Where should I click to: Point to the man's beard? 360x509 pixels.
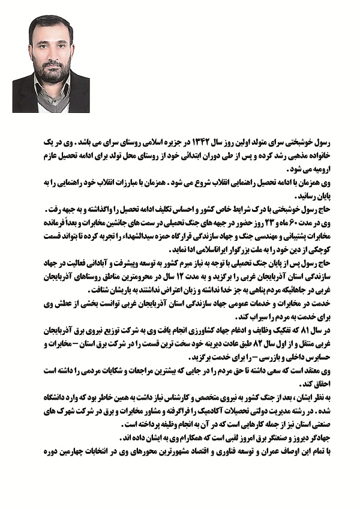tap(51, 75)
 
